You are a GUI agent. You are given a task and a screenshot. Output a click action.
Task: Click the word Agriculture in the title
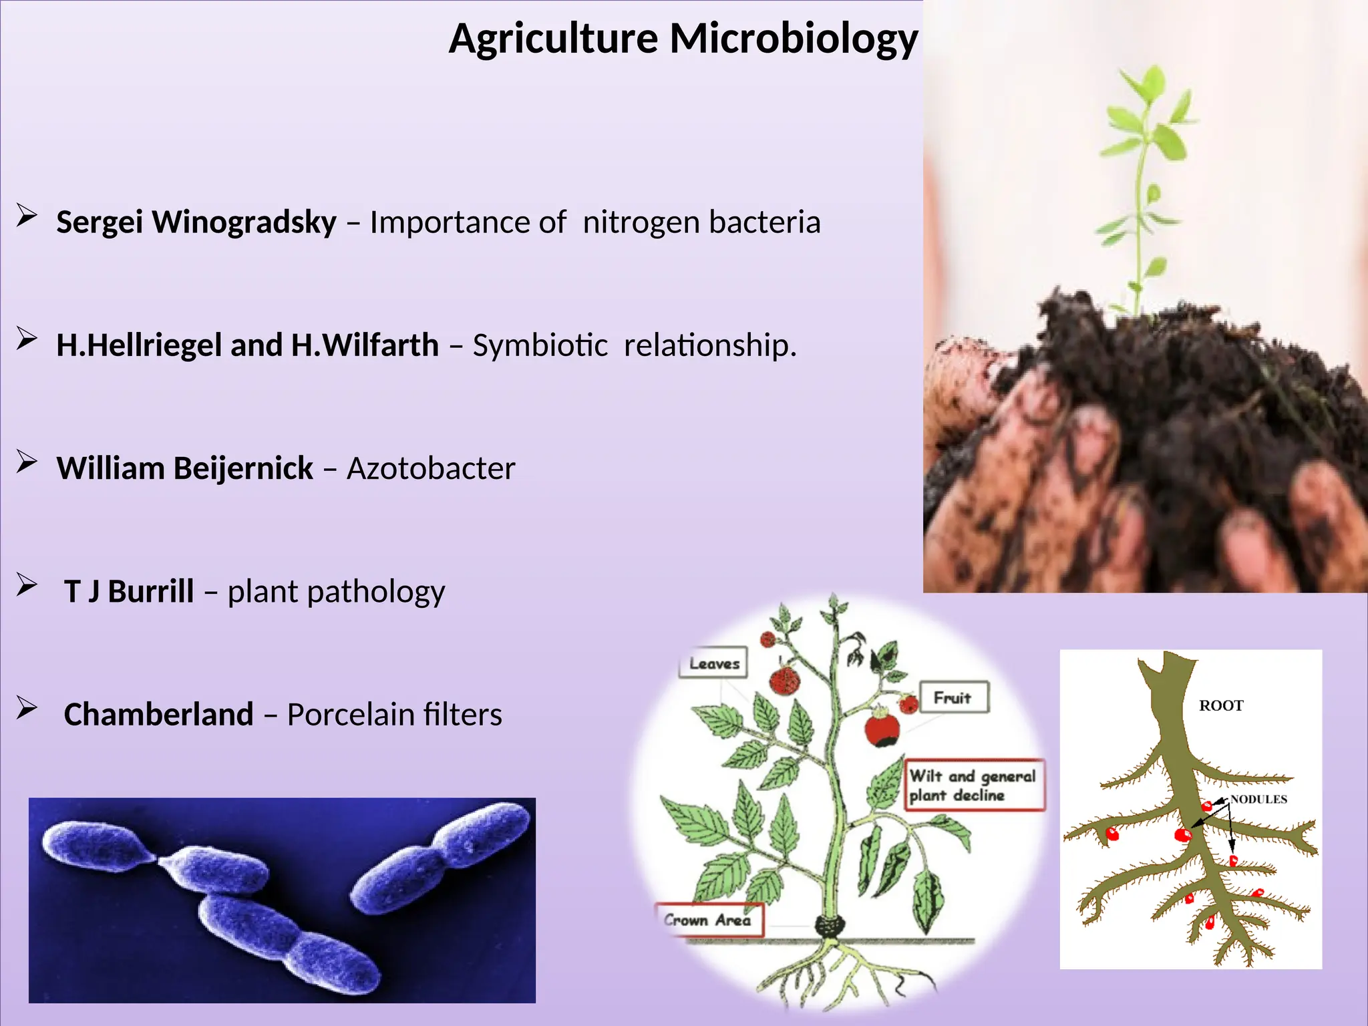click(553, 39)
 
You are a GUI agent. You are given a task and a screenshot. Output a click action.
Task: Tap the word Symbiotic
click(540, 345)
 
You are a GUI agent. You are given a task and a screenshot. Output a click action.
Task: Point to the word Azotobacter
click(431, 468)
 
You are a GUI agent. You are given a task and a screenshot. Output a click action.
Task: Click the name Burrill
click(151, 592)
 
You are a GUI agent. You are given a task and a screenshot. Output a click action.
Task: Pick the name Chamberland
click(158, 715)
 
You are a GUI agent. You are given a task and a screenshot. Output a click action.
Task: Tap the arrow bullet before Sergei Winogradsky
click(27, 216)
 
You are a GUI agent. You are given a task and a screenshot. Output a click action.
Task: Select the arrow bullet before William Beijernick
click(27, 462)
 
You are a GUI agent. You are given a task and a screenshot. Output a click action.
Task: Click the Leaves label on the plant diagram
click(713, 663)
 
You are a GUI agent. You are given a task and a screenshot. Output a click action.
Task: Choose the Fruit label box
click(953, 697)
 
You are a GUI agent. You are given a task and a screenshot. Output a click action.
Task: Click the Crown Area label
click(708, 920)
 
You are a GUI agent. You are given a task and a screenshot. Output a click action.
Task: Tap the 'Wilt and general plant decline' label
click(973, 785)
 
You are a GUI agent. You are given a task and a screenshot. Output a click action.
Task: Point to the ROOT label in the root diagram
click(1221, 705)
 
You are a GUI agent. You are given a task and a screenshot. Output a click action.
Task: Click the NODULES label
click(1258, 799)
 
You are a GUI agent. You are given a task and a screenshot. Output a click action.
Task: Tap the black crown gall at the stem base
click(830, 926)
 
